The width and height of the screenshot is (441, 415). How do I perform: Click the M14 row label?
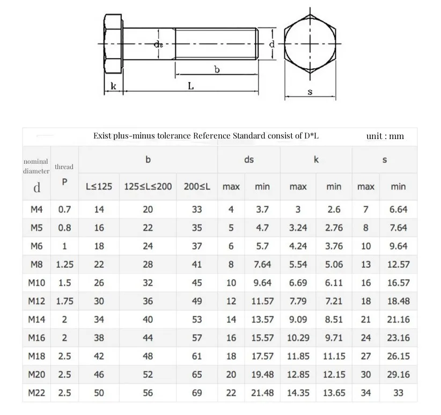click(x=36, y=319)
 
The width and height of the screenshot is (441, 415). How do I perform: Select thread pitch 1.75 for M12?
click(x=64, y=301)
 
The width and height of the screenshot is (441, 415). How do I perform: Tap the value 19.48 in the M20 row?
click(x=262, y=375)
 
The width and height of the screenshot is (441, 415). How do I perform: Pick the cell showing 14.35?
click(x=298, y=393)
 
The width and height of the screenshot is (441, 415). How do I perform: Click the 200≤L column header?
click(x=197, y=186)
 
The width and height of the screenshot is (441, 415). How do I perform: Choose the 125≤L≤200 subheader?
click(x=148, y=186)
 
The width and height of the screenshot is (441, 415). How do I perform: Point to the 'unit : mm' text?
click(x=385, y=136)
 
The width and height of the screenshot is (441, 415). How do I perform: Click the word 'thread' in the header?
click(x=64, y=167)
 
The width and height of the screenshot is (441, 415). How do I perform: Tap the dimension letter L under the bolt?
click(x=191, y=86)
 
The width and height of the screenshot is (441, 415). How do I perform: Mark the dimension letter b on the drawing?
click(x=217, y=69)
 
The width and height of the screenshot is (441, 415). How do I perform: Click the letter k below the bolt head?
click(x=113, y=86)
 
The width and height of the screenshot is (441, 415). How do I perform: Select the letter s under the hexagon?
click(x=310, y=91)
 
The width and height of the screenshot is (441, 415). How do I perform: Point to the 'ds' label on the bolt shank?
click(x=159, y=45)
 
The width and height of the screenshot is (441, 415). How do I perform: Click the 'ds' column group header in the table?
click(x=248, y=159)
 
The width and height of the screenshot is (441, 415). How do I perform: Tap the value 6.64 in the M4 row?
click(x=398, y=209)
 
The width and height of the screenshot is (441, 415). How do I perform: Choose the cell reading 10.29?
click(x=298, y=338)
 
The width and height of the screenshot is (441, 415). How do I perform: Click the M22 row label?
click(x=36, y=393)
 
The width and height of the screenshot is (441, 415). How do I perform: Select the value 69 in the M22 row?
click(x=197, y=393)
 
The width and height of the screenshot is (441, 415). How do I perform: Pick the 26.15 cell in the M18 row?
click(x=398, y=356)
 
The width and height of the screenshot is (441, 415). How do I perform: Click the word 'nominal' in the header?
click(x=35, y=161)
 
